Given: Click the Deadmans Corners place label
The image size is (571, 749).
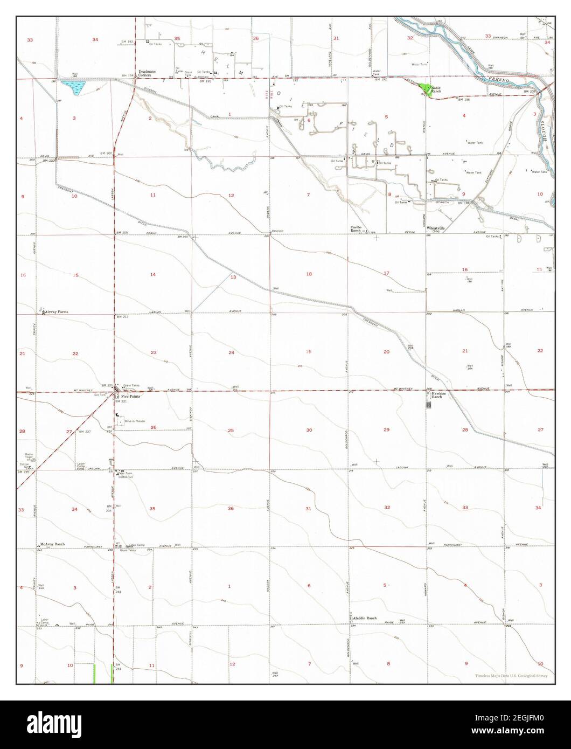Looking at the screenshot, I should pyautogui.click(x=146, y=73).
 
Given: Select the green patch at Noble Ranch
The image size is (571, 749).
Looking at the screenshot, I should pyautogui.click(x=427, y=89).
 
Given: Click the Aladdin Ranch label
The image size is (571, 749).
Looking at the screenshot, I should pyautogui.click(x=364, y=618).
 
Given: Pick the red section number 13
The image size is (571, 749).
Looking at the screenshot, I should pyautogui.click(x=233, y=277).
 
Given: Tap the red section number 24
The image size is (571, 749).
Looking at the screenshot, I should pyautogui.click(x=231, y=352).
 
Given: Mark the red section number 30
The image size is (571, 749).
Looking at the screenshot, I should pyautogui.click(x=309, y=430).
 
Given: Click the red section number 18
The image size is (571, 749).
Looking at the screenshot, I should pyautogui.click(x=309, y=274).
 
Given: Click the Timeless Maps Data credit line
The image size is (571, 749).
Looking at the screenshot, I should pyautogui.click(x=511, y=676).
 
